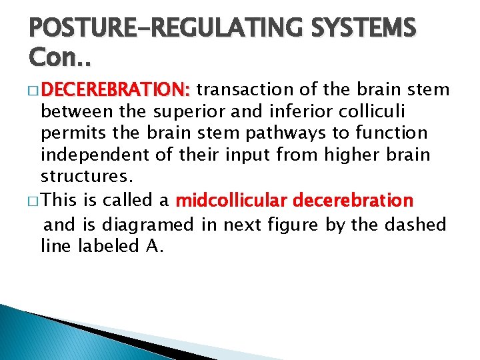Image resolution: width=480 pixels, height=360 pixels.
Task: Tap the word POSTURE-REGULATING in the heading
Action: coord(147,29)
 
